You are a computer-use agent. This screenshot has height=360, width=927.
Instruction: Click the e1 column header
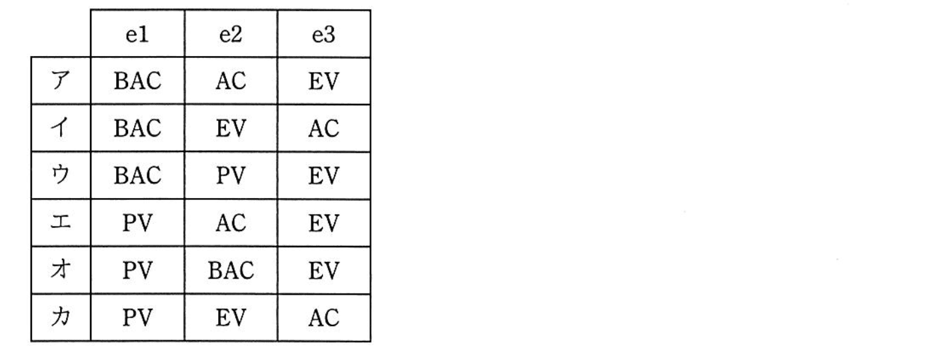point(137,35)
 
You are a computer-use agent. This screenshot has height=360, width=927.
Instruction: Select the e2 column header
point(231,35)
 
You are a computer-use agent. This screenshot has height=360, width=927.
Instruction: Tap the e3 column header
point(323,35)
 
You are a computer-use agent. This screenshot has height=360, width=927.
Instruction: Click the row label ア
point(61,80)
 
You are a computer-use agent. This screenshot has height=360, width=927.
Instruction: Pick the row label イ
point(61,127)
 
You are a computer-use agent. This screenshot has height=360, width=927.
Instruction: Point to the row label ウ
point(61,175)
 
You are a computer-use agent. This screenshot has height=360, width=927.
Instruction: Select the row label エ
point(61,222)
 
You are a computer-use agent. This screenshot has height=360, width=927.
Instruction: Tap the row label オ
point(61,269)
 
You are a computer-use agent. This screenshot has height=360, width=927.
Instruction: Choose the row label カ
point(61,317)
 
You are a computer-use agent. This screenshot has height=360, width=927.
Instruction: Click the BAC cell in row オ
point(231,271)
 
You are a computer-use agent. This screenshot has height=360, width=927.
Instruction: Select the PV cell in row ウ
point(231,175)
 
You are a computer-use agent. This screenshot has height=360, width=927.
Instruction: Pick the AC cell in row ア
point(231,81)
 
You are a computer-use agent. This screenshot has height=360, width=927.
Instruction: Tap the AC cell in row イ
point(323,128)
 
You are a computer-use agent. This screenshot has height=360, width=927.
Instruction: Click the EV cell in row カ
point(231,318)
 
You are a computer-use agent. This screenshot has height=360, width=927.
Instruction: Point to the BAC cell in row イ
point(137,128)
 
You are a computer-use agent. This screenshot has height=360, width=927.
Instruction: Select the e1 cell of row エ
point(137,223)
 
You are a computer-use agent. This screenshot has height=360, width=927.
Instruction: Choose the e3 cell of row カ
point(323,318)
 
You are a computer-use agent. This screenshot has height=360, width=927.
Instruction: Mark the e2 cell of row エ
point(231,223)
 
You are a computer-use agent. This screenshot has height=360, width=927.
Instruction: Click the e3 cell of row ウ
point(323,175)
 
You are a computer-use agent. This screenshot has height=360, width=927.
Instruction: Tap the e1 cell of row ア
point(137,81)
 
